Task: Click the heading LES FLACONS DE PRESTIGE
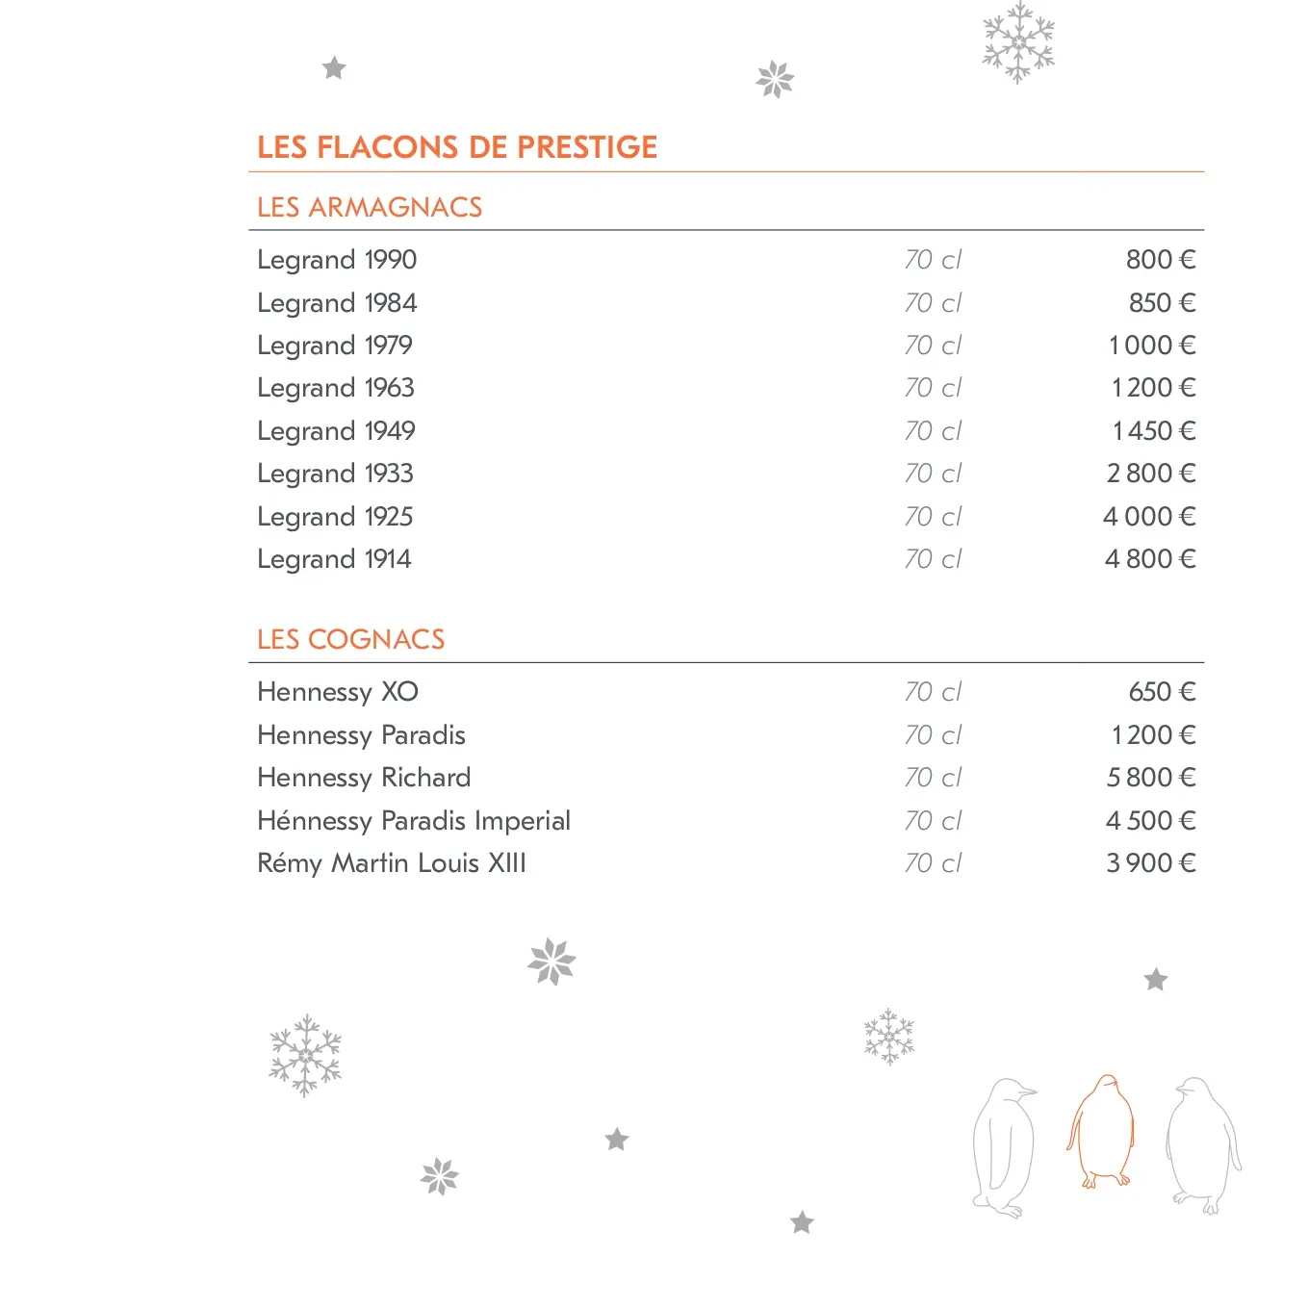(457, 147)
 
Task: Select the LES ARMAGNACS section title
(370, 207)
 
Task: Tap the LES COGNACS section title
(350, 639)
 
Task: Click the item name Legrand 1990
(337, 260)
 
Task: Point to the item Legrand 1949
(336, 431)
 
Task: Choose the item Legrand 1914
(334, 559)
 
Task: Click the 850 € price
(1162, 303)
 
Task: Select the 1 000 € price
(1152, 346)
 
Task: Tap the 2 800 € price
(1151, 474)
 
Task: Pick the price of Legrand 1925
(1149, 517)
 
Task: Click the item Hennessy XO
(338, 692)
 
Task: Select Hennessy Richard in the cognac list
(364, 778)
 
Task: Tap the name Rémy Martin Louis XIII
(392, 863)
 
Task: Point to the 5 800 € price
(1151, 778)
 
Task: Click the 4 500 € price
(1150, 821)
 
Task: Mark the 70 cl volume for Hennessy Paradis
(933, 735)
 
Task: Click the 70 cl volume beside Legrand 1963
(933, 388)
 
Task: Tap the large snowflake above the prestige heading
(1018, 42)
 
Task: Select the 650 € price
(1162, 692)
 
